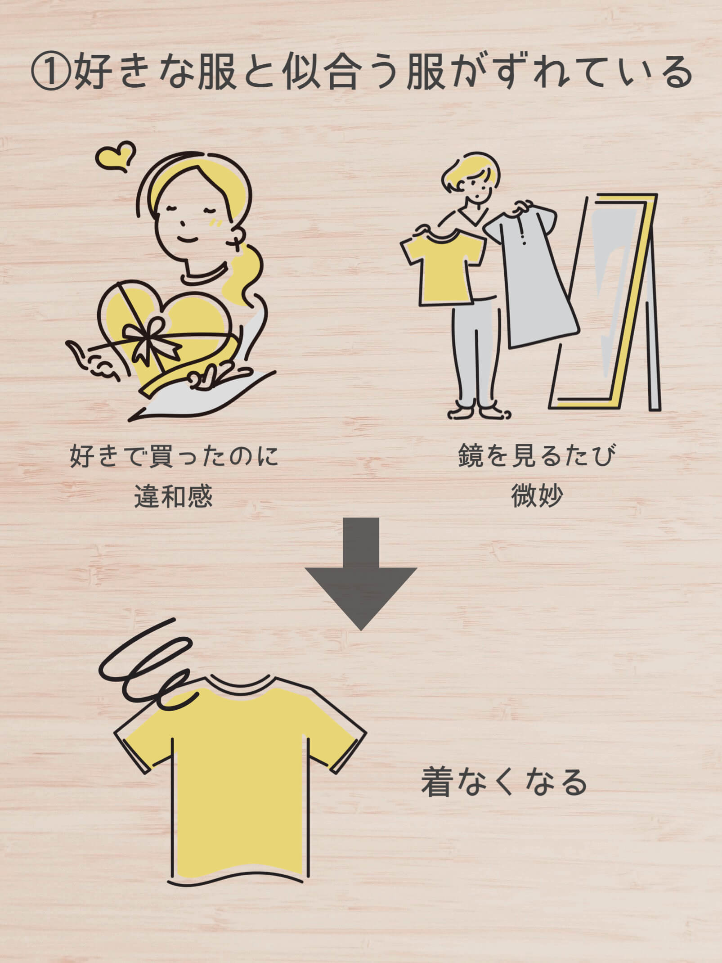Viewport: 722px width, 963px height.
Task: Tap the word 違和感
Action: coord(173,497)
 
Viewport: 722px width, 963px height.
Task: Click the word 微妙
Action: coord(536,497)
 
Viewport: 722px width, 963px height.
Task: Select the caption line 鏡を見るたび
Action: coord(536,456)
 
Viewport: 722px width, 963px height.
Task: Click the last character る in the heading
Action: coord(677,73)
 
